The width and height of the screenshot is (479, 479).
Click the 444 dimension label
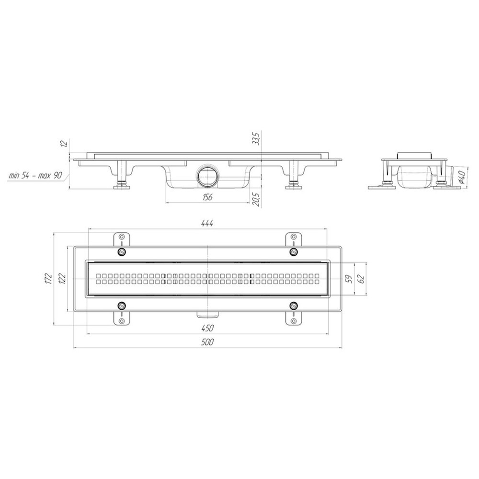(207, 223)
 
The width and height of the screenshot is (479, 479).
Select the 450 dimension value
(207, 329)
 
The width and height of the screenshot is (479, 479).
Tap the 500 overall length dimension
(207, 342)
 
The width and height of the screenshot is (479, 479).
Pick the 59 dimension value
(350, 279)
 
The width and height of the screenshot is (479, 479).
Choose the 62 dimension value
(361, 279)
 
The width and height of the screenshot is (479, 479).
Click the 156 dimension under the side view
(207, 197)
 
